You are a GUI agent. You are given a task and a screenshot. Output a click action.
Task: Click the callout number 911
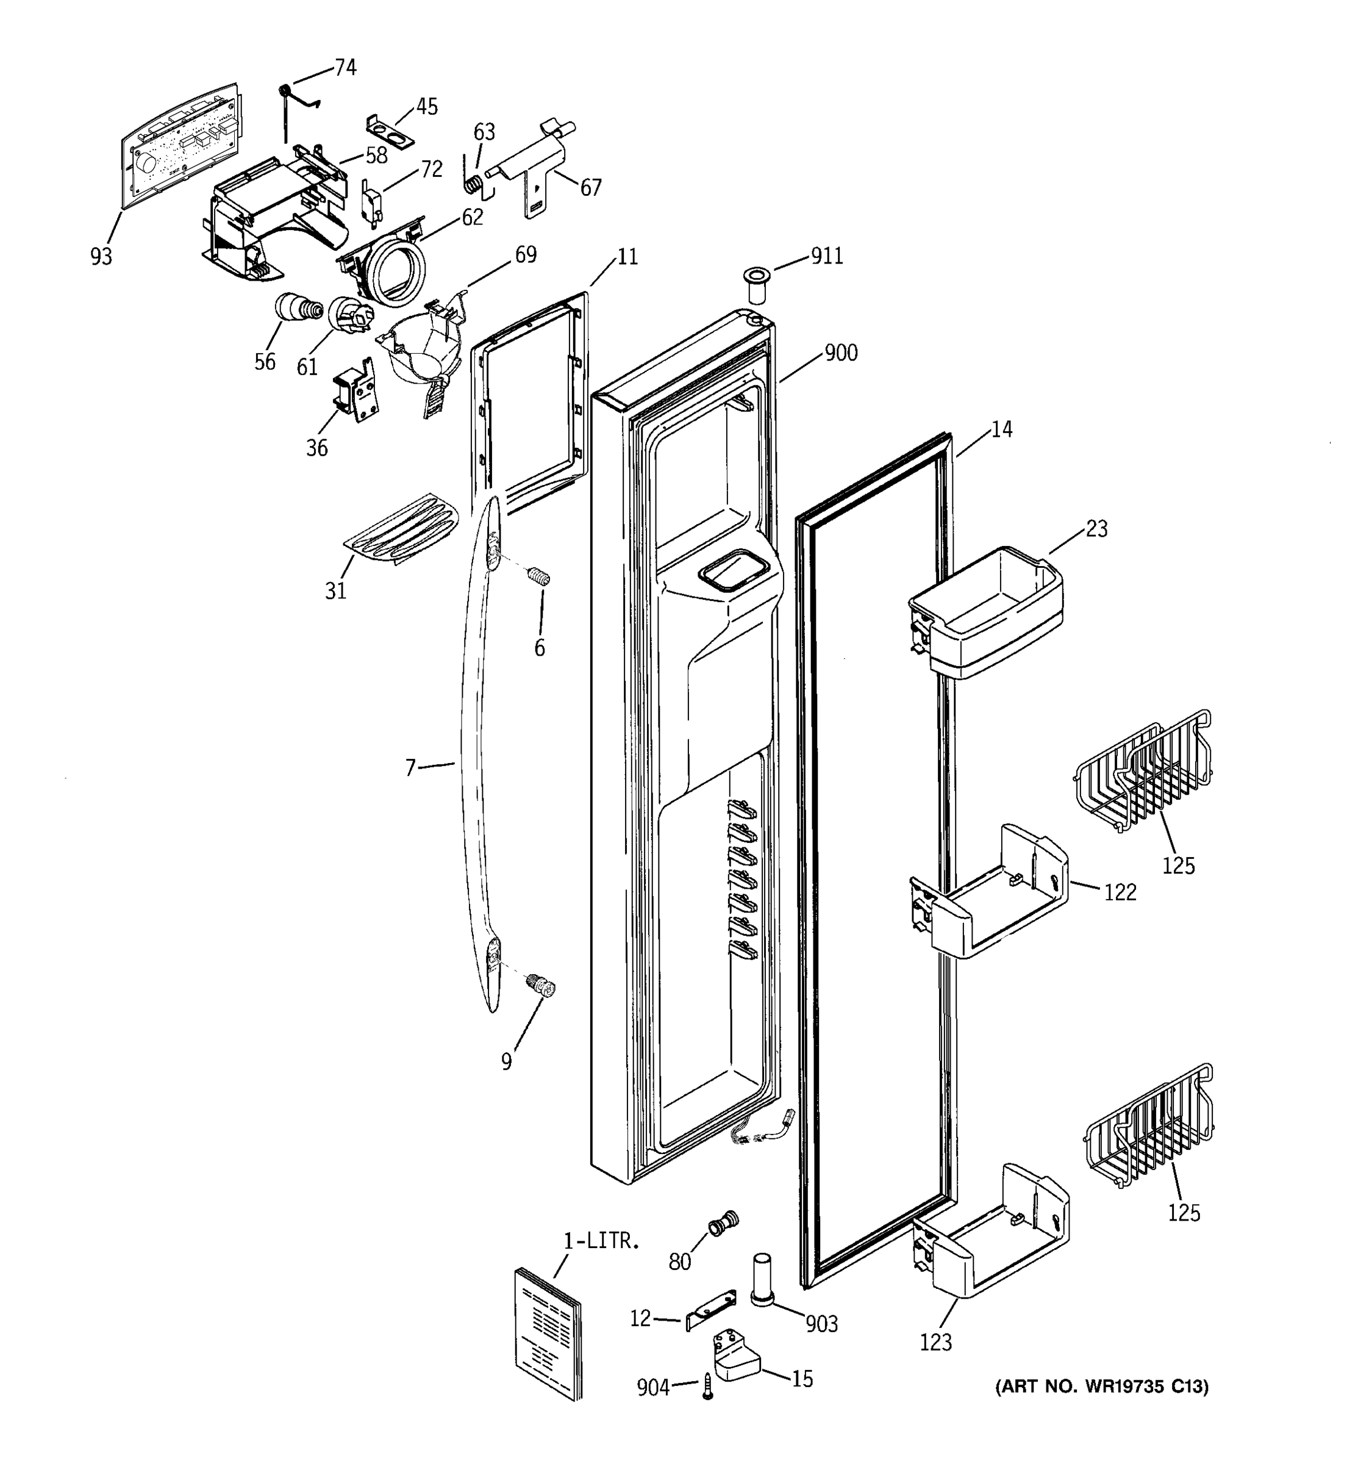point(827,256)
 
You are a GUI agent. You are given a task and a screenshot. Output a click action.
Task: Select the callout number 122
point(1120,892)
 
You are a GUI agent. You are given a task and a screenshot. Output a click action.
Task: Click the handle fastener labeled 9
point(540,985)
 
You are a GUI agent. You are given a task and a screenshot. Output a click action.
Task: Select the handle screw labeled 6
point(540,578)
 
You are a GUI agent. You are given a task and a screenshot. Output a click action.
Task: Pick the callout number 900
point(840,353)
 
